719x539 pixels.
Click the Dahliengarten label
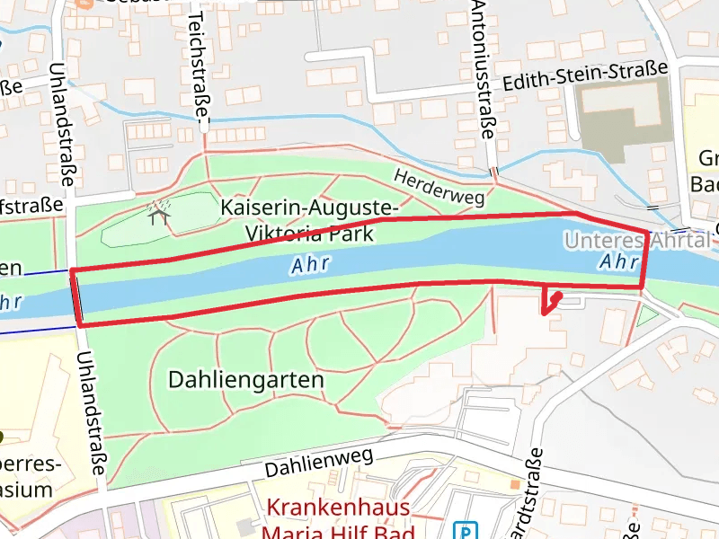[245, 380]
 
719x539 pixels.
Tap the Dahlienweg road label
[319, 464]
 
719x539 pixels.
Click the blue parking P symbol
[465, 530]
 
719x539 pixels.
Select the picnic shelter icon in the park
[160, 214]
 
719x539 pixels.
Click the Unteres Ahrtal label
[636, 240]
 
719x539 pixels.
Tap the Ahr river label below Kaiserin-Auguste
[310, 265]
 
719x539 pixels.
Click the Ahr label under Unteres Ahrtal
[618, 262]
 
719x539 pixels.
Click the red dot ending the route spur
[557, 295]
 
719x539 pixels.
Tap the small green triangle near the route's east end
[646, 316]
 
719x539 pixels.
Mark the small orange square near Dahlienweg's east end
[515, 484]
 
